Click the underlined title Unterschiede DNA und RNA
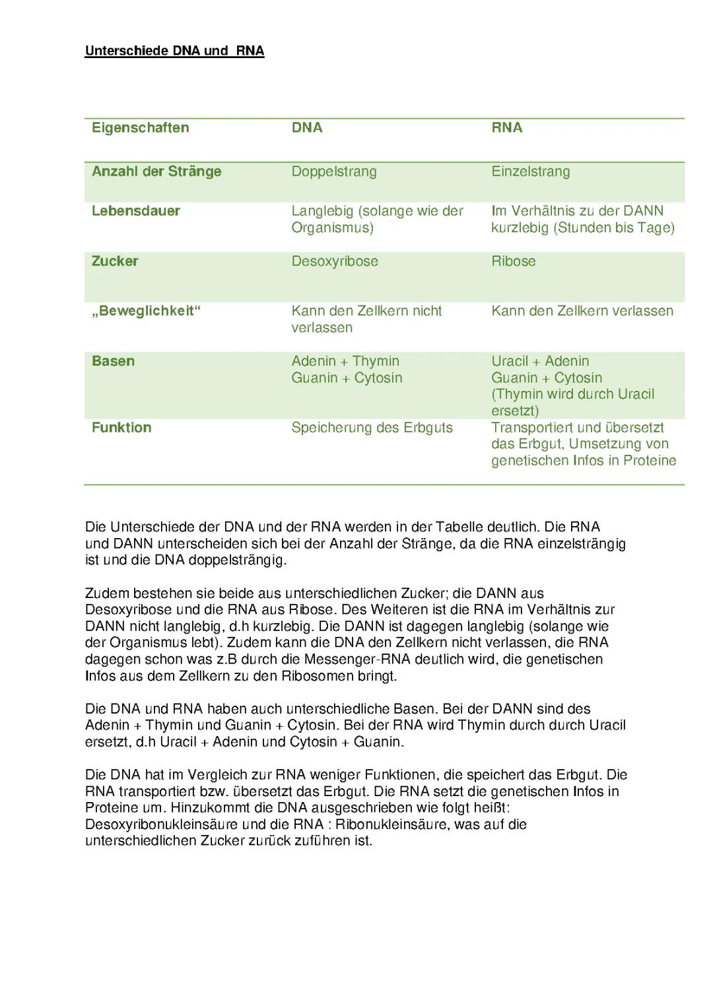(x=174, y=51)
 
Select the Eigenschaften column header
(x=140, y=127)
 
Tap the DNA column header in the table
(x=307, y=127)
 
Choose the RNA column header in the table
(x=506, y=127)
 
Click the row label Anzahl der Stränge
(x=156, y=172)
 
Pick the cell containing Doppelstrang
(x=334, y=172)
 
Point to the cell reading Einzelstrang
(x=530, y=172)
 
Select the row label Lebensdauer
(x=135, y=211)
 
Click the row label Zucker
(x=115, y=261)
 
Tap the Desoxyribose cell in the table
(x=335, y=261)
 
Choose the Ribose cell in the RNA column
(x=513, y=261)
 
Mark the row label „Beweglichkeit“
(x=145, y=311)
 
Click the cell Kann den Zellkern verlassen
(x=582, y=311)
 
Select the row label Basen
(x=113, y=361)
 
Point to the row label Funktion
(x=121, y=428)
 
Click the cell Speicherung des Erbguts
(x=372, y=428)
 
